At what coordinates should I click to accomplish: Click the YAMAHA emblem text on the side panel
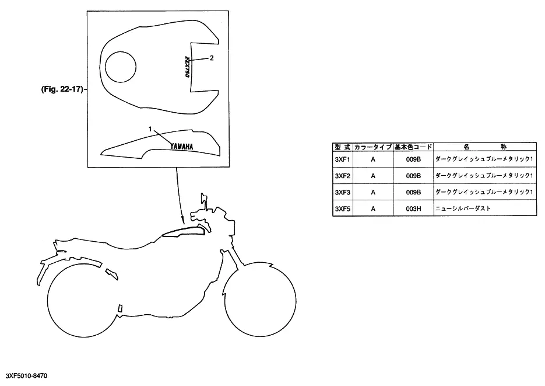[x=181, y=147]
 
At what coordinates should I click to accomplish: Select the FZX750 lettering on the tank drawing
[x=187, y=67]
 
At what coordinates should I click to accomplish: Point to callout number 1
[x=150, y=129]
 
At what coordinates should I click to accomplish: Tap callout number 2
[x=212, y=58]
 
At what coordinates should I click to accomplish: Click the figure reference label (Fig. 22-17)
[x=62, y=89]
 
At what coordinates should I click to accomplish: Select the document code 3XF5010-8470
[x=26, y=376]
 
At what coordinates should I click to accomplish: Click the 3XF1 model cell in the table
[x=342, y=159]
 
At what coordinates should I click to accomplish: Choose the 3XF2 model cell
[x=342, y=176]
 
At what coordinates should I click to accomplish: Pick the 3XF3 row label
[x=342, y=192]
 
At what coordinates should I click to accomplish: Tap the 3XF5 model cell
[x=342, y=209]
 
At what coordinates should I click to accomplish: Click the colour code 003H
[x=413, y=209]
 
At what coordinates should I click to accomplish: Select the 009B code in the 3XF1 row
[x=413, y=159]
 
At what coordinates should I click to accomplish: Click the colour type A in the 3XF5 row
[x=373, y=209]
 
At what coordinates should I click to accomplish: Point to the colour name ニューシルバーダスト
[x=463, y=208]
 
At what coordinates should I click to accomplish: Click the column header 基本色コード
[x=413, y=147]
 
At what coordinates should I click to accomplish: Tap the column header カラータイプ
[x=373, y=147]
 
